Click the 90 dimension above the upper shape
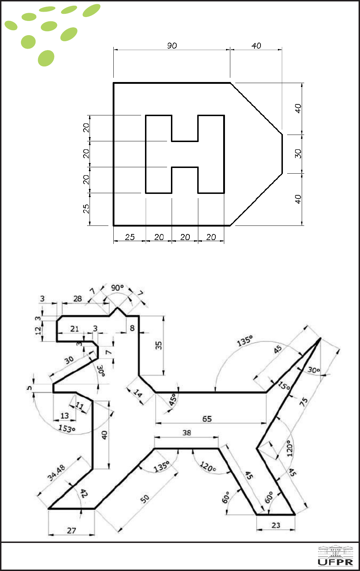pos(172,46)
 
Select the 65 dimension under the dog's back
pos(207,419)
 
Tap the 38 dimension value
pos(187,433)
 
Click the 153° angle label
pos(67,428)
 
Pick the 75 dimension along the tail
pos(303,402)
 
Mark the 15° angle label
pos(284,386)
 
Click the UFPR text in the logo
pos(335,562)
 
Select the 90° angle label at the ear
pos(117,288)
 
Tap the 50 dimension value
pos(145,499)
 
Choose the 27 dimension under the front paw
pos(71,531)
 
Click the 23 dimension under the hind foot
pos(276,525)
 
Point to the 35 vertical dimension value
pos(158,345)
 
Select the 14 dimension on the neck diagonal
pos(138,393)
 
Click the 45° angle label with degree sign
pos(173,399)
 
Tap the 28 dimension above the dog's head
pos(77,299)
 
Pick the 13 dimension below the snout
pos(64,416)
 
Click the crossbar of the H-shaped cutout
pos(185,154)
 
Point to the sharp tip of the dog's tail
pos(320,338)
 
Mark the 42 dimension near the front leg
pos(84,493)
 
